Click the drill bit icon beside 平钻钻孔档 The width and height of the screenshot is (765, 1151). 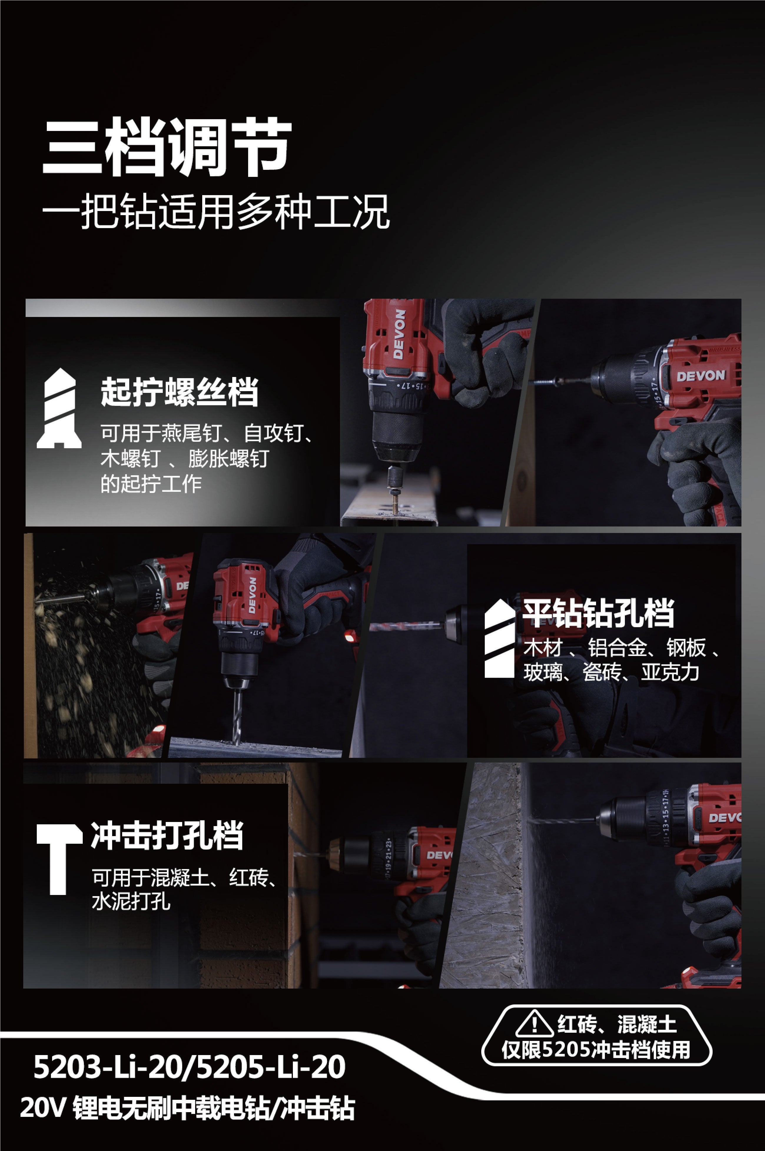[500, 638]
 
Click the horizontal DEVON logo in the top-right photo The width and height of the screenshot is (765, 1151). [701, 376]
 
